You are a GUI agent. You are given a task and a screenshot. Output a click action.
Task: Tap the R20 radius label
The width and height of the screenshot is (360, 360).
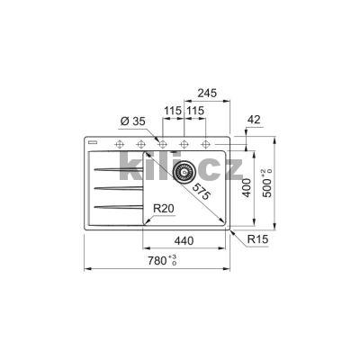click(x=163, y=208)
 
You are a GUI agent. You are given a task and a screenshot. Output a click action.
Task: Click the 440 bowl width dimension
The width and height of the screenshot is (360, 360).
click(x=185, y=241)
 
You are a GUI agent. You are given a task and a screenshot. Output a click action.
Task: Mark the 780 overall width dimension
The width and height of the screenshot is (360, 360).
click(x=158, y=261)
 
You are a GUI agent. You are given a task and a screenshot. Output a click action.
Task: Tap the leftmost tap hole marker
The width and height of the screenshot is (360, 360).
click(x=119, y=145)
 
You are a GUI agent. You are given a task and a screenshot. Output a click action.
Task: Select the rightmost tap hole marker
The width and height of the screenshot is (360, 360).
click(x=206, y=145)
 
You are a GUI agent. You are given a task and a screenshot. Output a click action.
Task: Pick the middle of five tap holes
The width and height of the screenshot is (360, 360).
click(x=163, y=145)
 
